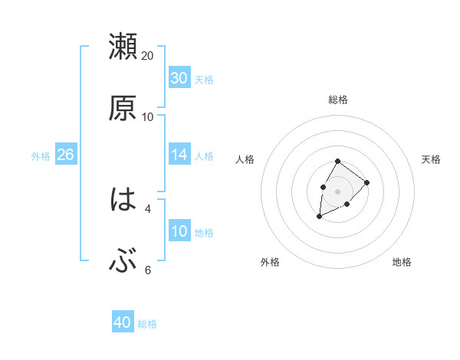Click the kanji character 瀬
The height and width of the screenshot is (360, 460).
pos(123,47)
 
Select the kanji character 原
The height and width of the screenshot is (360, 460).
pos(123,108)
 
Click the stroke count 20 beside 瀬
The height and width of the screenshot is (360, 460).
pos(148,56)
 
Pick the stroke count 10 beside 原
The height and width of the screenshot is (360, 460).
pos(148,117)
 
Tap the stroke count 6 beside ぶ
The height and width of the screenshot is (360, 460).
pos(148,270)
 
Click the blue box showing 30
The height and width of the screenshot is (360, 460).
pos(179,78)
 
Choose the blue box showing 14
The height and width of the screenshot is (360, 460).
pos(179,155)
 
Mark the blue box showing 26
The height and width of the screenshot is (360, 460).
pos(65,155)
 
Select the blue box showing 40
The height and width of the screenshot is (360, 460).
pos(123,322)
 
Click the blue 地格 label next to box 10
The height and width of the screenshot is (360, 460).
pos(204,232)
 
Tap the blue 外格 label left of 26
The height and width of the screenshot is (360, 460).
pos(41,155)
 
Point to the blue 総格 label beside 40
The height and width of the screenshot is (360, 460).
pos(147,323)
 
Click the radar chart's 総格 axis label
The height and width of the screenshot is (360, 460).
pos(338,100)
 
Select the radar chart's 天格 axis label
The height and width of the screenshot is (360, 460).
pos(432,159)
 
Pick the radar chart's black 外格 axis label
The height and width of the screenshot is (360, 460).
pos(269,262)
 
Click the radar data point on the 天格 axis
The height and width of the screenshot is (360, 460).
pos(367,182)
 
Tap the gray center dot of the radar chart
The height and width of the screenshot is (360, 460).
pos(337,191)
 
